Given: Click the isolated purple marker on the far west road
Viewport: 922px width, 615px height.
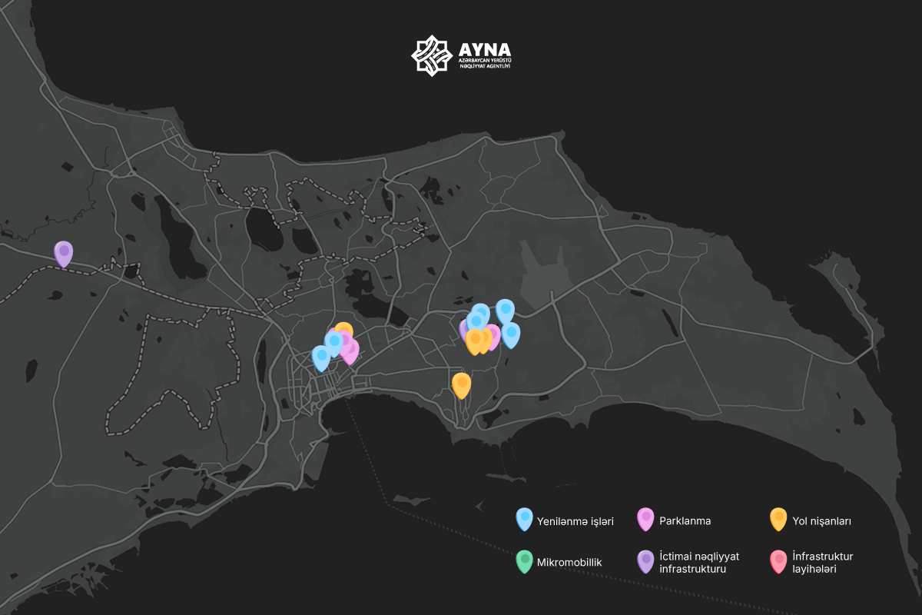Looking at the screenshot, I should [63, 252].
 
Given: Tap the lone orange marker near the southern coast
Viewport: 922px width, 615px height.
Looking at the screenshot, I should [461, 384].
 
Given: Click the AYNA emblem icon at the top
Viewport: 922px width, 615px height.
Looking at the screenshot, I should [429, 55].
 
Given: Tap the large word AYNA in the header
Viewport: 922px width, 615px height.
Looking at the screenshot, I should [485, 48].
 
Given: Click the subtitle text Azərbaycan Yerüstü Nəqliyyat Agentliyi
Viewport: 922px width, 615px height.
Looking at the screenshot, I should [485, 63].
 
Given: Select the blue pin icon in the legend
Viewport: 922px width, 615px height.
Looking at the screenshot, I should [525, 519].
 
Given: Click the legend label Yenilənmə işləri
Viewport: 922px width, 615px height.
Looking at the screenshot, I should [575, 521].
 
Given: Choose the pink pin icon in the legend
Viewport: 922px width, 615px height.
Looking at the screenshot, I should [645, 519].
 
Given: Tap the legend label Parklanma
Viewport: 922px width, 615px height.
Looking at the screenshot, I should [685, 521].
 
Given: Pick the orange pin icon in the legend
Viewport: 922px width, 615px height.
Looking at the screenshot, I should [778, 519].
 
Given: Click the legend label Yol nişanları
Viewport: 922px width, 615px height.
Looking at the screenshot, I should [821, 521].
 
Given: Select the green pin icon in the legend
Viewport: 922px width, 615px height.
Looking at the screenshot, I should [525, 560].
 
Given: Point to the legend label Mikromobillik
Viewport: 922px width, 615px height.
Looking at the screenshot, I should [569, 563].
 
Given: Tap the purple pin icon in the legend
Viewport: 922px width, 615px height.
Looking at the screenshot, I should [645, 560].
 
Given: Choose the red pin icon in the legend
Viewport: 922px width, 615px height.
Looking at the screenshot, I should [778, 560].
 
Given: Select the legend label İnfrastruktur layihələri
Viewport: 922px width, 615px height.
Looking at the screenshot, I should [822, 563].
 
